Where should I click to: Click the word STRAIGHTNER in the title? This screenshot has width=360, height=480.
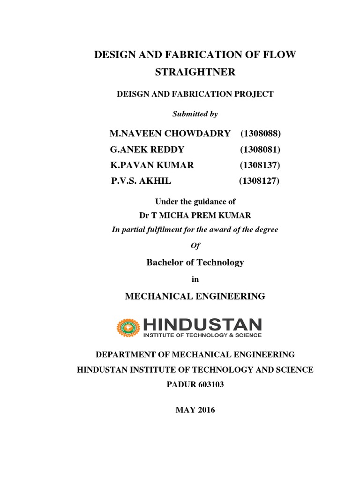click(x=195, y=73)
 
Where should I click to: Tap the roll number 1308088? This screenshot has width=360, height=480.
click(x=261, y=134)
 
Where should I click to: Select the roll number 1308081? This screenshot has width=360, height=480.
click(x=261, y=150)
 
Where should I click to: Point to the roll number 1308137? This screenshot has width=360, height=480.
click(x=260, y=165)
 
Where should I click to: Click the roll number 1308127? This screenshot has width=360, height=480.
click(x=259, y=180)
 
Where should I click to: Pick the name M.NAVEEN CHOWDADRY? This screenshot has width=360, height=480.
click(x=170, y=134)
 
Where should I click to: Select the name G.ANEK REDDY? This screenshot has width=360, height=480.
click(x=147, y=150)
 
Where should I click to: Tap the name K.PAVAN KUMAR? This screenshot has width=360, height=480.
click(x=152, y=165)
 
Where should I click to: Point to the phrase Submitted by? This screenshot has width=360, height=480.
click(x=195, y=114)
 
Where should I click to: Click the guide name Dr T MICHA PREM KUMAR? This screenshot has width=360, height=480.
click(x=195, y=216)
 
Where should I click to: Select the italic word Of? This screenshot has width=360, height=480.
click(x=195, y=246)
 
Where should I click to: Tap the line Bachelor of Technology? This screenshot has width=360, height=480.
click(x=195, y=262)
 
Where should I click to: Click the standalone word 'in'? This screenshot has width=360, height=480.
click(x=195, y=279)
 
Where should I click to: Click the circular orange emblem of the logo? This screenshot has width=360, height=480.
click(x=128, y=328)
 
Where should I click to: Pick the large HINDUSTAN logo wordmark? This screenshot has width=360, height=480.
click(x=202, y=324)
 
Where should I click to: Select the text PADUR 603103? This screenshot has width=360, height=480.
click(x=195, y=384)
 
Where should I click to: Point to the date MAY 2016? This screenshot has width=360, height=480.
click(x=195, y=410)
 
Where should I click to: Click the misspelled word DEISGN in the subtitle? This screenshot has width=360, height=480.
click(x=132, y=94)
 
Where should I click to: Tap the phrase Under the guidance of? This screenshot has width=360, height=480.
click(x=195, y=202)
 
